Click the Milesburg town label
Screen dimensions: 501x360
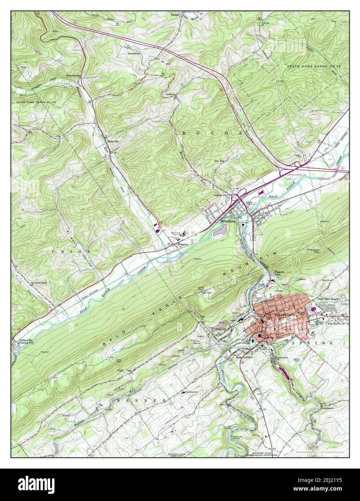(228, 222)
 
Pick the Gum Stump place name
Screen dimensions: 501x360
(73, 76)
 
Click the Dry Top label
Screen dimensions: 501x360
(219, 161)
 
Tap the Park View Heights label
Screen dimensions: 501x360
(330, 299)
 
